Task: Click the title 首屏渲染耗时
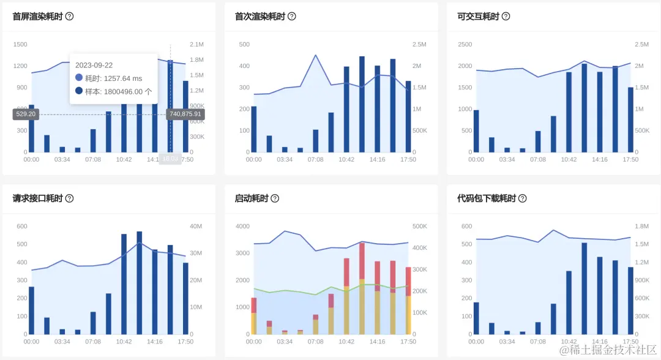tap(37, 17)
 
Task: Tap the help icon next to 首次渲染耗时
tap(292, 17)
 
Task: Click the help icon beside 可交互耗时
tap(506, 17)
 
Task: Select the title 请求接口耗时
tap(37, 198)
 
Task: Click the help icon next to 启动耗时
tap(275, 198)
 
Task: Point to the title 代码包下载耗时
tap(487, 198)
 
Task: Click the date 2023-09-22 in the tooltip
tap(94, 65)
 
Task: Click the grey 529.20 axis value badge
tap(26, 114)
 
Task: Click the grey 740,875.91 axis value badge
tap(185, 114)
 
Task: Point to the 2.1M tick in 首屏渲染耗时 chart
tap(196, 45)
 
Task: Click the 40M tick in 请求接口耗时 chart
tap(196, 227)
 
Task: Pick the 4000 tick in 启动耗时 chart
tap(242, 227)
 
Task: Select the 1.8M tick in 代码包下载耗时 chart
tap(641, 227)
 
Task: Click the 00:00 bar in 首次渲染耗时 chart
tap(254, 129)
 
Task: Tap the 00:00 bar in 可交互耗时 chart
tap(476, 131)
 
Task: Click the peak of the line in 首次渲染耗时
tap(315, 55)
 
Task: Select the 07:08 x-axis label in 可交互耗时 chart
tap(538, 160)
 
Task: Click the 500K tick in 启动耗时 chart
tap(420, 227)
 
